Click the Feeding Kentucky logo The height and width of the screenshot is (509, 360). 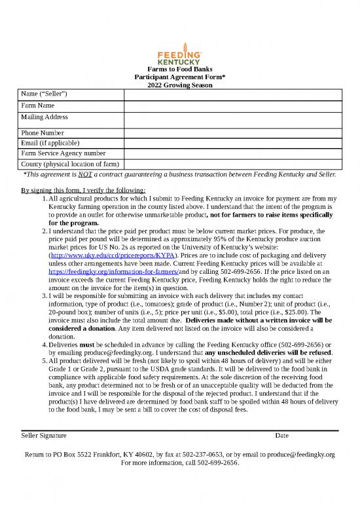pyautogui.click(x=179, y=54)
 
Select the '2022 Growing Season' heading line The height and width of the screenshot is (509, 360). pyautogui.click(x=179, y=85)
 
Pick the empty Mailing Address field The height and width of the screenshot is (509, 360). pyautogui.click(x=231, y=119)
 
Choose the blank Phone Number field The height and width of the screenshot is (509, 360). pyautogui.click(x=231, y=133)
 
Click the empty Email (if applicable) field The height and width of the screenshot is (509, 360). pyautogui.click(x=231, y=143)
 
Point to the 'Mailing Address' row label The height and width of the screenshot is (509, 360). pyautogui.click(x=45, y=117)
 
